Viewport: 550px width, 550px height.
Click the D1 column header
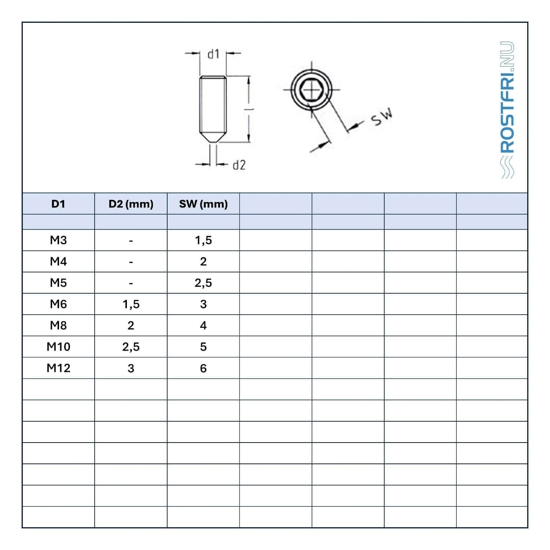[x=58, y=204]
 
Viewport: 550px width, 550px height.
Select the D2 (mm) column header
[x=131, y=204]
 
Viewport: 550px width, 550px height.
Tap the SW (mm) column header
[x=203, y=204]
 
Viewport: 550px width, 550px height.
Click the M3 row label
[x=58, y=240]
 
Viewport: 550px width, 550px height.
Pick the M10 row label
[x=58, y=346]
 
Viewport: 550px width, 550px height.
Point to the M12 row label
[x=58, y=368]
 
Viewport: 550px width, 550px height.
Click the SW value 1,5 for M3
[x=203, y=241]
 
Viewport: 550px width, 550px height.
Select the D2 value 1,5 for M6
[x=131, y=304]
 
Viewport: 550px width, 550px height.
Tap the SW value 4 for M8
[x=203, y=325]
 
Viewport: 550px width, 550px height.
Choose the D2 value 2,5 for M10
[x=131, y=347]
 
